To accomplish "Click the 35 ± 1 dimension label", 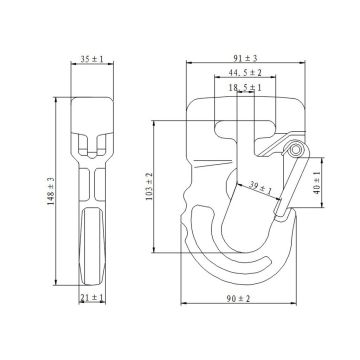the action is coord(92,59).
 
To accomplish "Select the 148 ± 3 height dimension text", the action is coord(51,191).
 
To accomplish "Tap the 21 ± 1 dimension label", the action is coord(92,298).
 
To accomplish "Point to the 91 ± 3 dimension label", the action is coord(245,58).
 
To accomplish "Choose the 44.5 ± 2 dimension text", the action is coord(245,72).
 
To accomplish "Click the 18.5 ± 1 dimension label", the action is coord(245,88).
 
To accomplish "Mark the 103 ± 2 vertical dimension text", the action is coord(149,187).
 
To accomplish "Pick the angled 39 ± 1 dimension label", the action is coord(261,188).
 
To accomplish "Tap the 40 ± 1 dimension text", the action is coord(317,183).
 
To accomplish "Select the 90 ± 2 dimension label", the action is coord(238,299).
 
